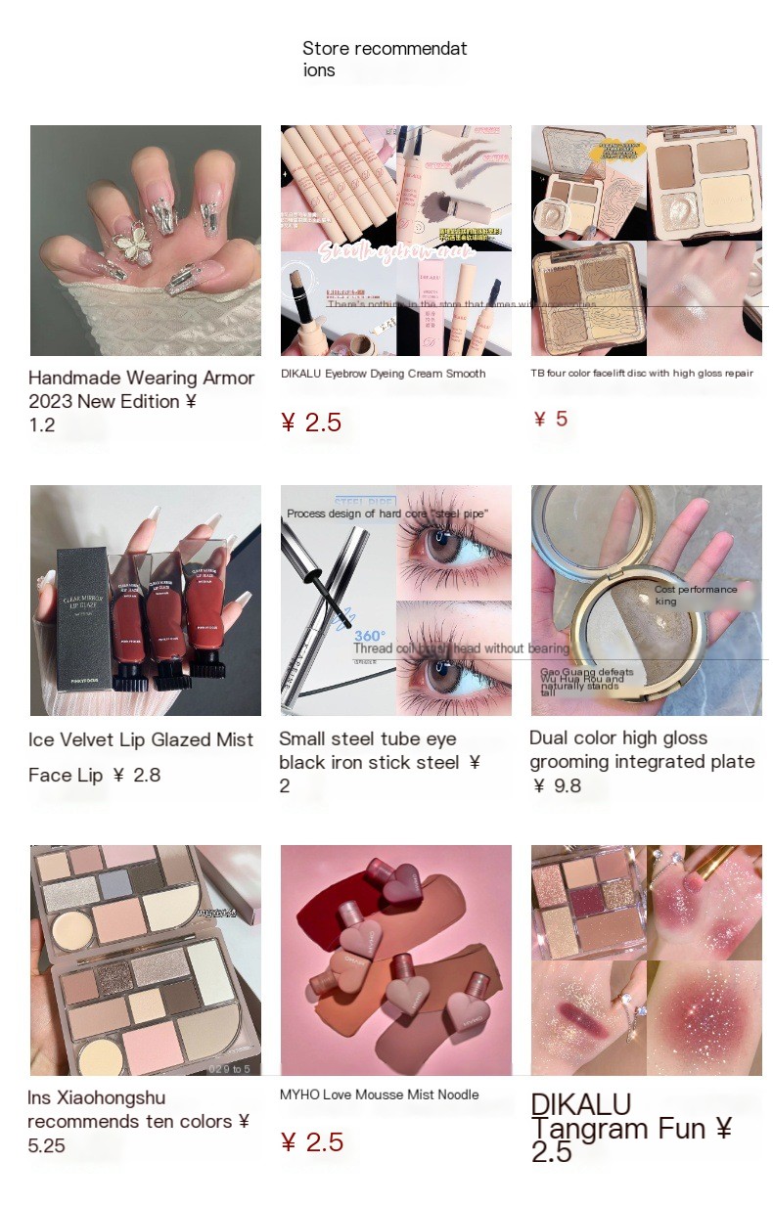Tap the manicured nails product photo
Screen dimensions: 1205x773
(x=146, y=240)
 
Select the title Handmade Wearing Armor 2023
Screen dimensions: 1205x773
(x=141, y=389)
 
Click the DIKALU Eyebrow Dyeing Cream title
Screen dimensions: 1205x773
(x=383, y=374)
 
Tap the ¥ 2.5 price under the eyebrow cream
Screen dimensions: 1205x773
(x=311, y=423)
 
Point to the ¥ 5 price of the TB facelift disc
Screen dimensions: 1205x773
(x=551, y=419)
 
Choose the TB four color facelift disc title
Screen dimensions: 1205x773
(x=642, y=374)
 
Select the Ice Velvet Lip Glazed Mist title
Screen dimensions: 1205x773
(x=141, y=740)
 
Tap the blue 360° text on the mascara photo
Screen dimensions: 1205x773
(x=369, y=636)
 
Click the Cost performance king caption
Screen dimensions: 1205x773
(x=696, y=596)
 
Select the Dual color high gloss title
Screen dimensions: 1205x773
(x=642, y=749)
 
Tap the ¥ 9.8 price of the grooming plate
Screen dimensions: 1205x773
(x=558, y=785)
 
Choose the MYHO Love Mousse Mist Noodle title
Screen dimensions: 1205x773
(x=379, y=1094)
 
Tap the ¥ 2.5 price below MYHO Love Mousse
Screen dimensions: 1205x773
(x=311, y=1142)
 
